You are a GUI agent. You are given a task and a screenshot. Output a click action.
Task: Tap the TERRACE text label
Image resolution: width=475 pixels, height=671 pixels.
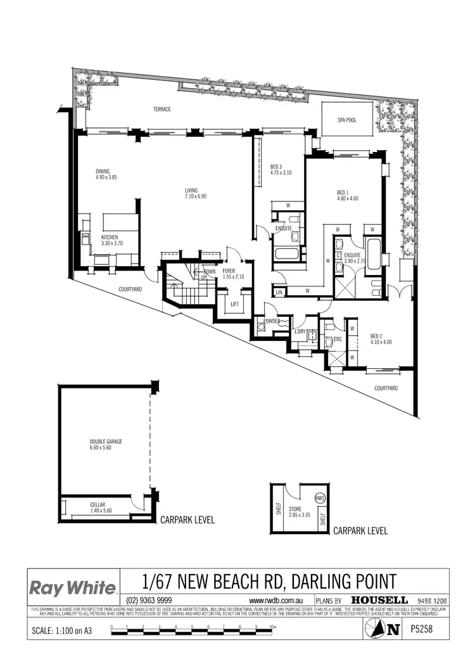[x=161, y=110]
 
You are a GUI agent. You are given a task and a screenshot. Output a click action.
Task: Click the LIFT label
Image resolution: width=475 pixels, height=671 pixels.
[x=234, y=304]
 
